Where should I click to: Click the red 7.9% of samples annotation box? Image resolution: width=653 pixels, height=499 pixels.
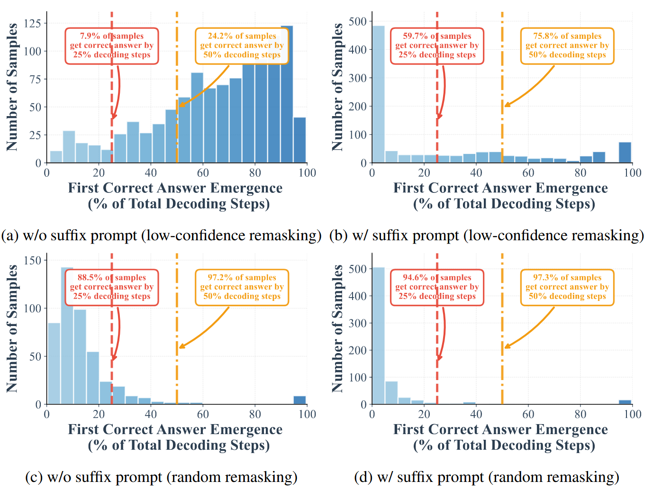[x=112, y=45]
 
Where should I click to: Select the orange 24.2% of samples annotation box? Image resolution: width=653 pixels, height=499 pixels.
[x=242, y=45]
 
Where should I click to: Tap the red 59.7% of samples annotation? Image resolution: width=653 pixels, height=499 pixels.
[x=437, y=45]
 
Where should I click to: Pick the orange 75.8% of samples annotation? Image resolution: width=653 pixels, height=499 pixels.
[x=567, y=45]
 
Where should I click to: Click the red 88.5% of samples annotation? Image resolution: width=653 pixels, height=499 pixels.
[x=112, y=287]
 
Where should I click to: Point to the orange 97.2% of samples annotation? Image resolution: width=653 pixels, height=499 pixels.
[x=242, y=287]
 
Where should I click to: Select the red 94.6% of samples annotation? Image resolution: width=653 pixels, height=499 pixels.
[x=437, y=287]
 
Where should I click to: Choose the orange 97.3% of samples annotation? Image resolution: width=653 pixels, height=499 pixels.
[x=567, y=287]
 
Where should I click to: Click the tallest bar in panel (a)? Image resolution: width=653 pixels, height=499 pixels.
[x=287, y=95]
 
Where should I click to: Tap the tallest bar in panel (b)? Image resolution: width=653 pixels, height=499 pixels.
[x=378, y=95]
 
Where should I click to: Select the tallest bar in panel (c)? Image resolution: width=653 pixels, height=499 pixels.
[x=67, y=336]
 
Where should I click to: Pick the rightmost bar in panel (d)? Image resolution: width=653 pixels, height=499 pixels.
[x=625, y=402]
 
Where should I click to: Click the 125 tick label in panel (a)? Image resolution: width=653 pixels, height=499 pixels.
[x=32, y=23]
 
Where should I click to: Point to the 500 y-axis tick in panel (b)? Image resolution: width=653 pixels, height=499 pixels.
[x=358, y=21]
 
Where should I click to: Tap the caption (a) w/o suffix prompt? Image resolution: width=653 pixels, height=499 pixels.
[x=161, y=236]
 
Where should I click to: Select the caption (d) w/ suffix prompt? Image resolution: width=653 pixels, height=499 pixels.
[x=487, y=477]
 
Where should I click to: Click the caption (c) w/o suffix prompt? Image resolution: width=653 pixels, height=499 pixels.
[x=161, y=477]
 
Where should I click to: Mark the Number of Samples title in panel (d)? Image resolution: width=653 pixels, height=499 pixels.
[x=337, y=328]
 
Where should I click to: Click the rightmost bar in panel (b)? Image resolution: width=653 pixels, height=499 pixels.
[x=625, y=153]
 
